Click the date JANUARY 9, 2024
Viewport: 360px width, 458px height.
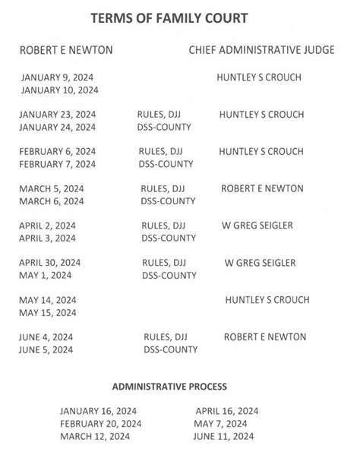[x=57, y=77]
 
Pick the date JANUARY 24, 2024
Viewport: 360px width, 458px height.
[x=59, y=127]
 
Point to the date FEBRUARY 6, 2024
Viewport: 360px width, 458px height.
[x=58, y=151]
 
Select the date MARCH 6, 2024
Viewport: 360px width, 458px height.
[x=52, y=201]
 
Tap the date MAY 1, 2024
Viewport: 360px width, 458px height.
[x=46, y=275]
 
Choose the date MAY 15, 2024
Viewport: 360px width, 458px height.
[x=48, y=312]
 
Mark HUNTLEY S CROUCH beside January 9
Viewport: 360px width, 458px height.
[x=259, y=77]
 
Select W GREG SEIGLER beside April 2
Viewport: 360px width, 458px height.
[x=260, y=226]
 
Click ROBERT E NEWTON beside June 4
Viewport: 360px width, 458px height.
[x=265, y=336]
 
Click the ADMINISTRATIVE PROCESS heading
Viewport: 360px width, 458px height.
[x=180, y=387]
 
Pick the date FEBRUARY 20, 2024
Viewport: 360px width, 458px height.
[x=100, y=423]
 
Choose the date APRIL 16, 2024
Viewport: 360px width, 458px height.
[x=227, y=411]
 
